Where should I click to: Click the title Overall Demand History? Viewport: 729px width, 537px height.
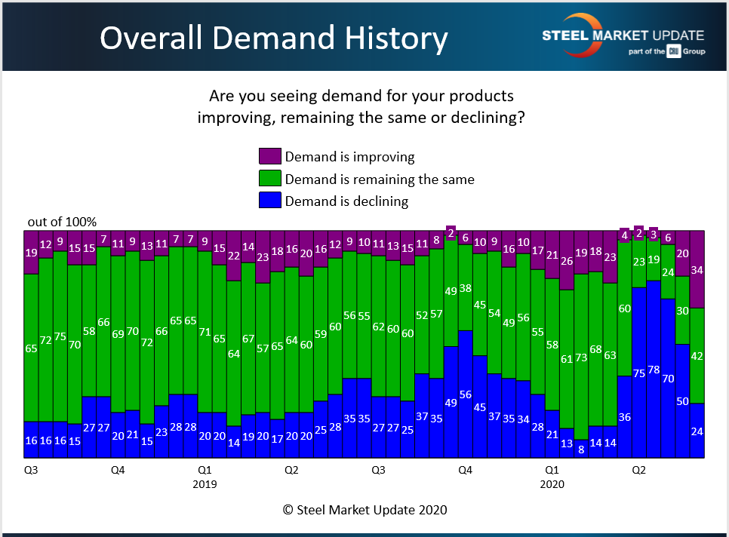[273, 38]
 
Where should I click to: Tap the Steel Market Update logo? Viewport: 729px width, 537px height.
[623, 36]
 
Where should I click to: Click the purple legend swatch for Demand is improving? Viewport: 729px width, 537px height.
[269, 157]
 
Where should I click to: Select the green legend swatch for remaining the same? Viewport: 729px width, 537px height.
[269, 180]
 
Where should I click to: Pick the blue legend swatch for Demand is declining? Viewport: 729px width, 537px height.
[269, 201]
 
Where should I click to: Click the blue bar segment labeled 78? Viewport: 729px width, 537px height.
[654, 370]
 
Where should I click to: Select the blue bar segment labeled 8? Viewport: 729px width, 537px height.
[581, 449]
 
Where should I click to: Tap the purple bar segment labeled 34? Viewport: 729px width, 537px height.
[697, 269]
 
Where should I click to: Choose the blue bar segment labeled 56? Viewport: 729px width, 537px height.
[466, 394]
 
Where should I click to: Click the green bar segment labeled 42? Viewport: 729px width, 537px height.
[697, 355]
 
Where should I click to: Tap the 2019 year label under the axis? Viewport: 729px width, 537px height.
[205, 485]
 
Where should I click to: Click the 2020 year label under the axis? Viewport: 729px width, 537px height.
[552, 485]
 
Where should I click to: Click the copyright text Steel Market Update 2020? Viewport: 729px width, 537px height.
[364, 510]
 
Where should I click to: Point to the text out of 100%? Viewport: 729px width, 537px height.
[62, 222]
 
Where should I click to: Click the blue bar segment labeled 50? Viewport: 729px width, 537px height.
[682, 401]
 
